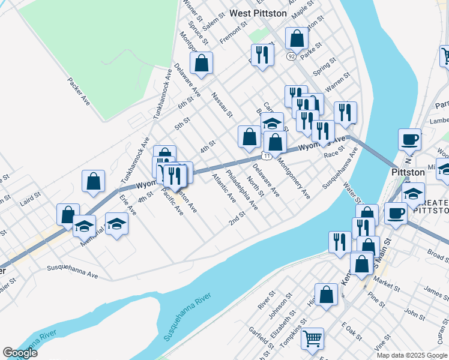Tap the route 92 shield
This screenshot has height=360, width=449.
[x=291, y=56]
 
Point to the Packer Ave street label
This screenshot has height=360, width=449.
[x=79, y=92]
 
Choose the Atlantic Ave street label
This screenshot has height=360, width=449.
[x=224, y=188]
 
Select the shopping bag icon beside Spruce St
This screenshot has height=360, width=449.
[x=202, y=62]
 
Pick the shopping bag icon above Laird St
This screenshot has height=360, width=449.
[x=94, y=181]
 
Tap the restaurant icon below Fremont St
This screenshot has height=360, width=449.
[x=262, y=55]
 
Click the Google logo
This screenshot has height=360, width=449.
[x=20, y=353]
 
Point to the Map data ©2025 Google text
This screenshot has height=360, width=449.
[x=411, y=355]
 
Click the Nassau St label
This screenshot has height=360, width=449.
[x=221, y=104]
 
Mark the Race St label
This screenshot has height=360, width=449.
[x=334, y=155]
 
